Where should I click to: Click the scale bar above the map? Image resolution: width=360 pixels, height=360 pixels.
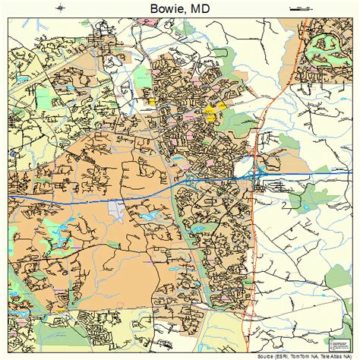click(301, 8)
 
